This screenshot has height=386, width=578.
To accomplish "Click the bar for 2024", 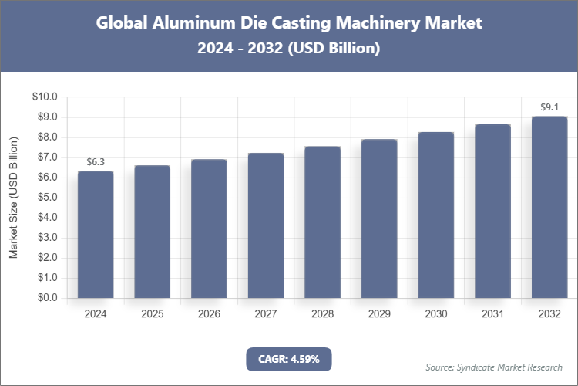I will pyautogui.click(x=96, y=235).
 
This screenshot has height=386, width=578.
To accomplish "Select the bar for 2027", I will pyautogui.click(x=266, y=225).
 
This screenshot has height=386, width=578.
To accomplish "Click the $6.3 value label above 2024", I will pyautogui.click(x=96, y=162).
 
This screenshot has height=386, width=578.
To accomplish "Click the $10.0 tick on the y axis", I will pyautogui.click(x=45, y=97).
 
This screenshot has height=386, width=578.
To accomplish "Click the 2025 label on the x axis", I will pyautogui.click(x=153, y=314).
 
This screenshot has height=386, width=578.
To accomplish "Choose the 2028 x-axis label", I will pyautogui.click(x=322, y=314).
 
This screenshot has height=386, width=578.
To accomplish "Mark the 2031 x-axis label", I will pyautogui.click(x=492, y=314).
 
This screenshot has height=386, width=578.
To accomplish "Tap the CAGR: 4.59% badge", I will pyautogui.click(x=288, y=359).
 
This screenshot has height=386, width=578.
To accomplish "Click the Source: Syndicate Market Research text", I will pyautogui.click(x=494, y=367).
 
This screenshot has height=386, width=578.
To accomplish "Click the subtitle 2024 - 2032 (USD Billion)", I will pyautogui.click(x=289, y=48).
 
